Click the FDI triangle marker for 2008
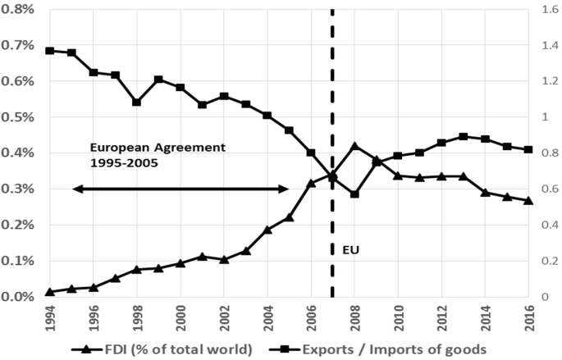354,146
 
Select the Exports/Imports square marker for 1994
50,51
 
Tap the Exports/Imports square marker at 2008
354,194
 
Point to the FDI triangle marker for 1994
50,292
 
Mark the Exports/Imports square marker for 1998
137,103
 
